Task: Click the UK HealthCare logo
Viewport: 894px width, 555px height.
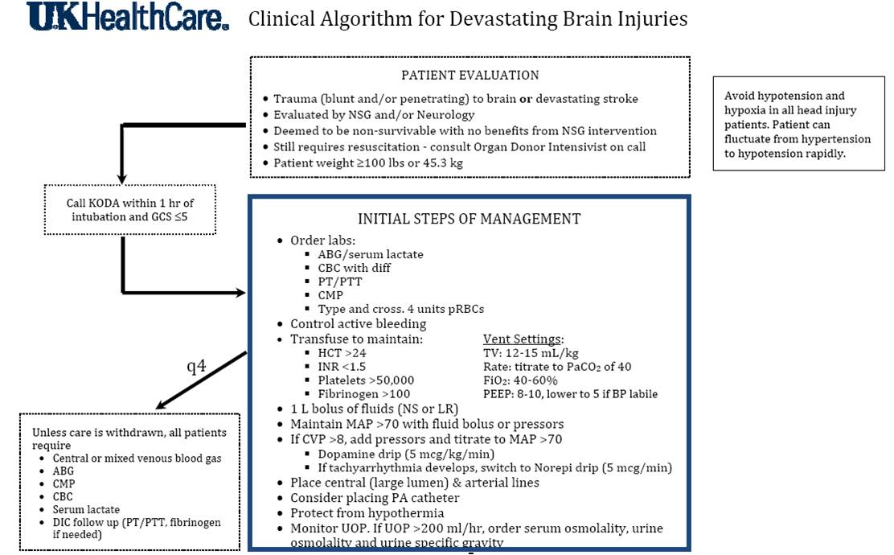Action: pyautogui.click(x=128, y=18)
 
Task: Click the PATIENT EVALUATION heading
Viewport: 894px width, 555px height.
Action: pyautogui.click(x=470, y=76)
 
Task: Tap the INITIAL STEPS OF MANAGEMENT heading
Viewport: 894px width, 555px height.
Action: pyautogui.click(x=470, y=218)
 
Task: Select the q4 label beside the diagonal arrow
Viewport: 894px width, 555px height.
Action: pyautogui.click(x=196, y=366)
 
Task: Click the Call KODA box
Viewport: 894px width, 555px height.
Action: pyautogui.click(x=129, y=209)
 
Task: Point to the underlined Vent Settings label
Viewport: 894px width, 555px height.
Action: pyautogui.click(x=523, y=339)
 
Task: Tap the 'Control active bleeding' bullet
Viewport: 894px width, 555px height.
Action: pyautogui.click(x=358, y=324)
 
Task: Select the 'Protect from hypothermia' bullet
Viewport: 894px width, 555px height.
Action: pyautogui.click(x=368, y=512)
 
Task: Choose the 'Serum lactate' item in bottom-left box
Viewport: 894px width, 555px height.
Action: pyautogui.click(x=87, y=510)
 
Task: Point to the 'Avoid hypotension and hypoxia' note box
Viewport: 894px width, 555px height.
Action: pyautogui.click(x=797, y=124)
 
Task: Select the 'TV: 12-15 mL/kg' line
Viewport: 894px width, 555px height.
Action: pyautogui.click(x=530, y=353)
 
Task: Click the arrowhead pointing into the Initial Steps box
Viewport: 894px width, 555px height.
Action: pyautogui.click(x=240, y=292)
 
